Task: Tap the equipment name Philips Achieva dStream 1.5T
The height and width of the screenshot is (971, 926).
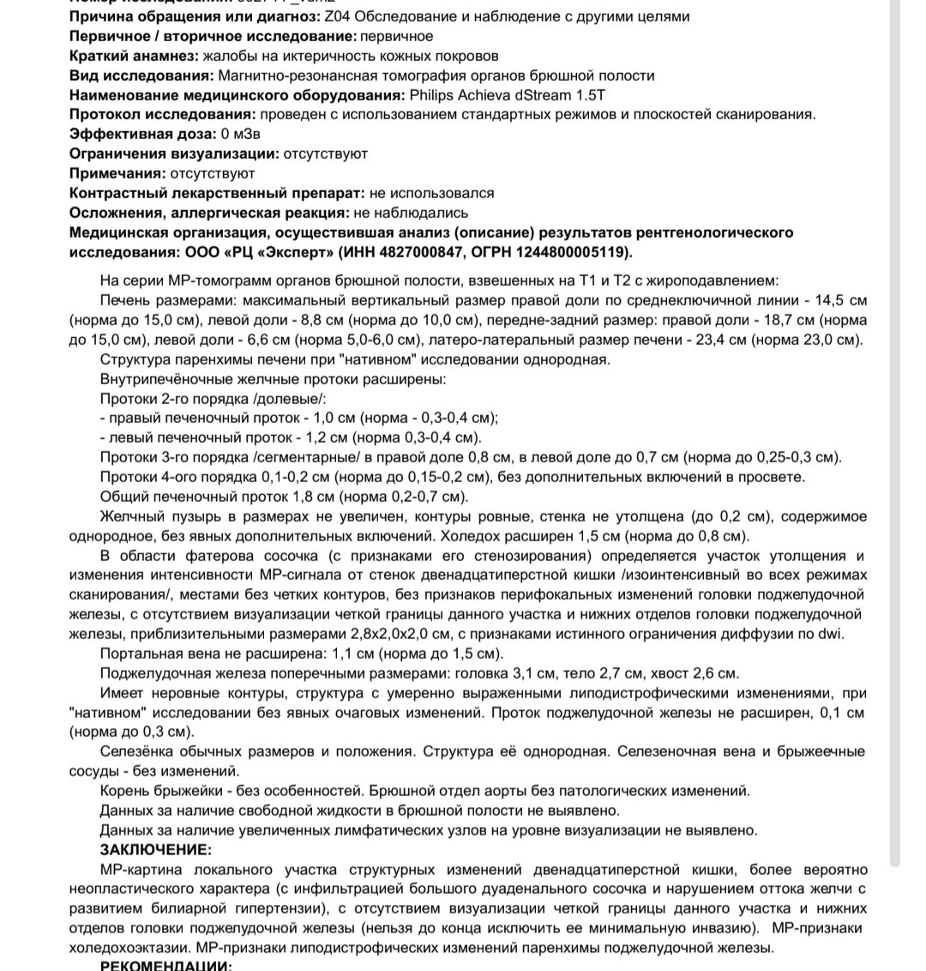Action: point(513,95)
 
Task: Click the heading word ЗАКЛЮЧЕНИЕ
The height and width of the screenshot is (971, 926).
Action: point(155,849)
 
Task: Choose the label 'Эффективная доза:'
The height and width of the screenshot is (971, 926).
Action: point(142,135)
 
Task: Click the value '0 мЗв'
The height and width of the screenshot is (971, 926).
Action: point(241,135)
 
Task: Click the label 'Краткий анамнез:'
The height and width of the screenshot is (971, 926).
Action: point(133,56)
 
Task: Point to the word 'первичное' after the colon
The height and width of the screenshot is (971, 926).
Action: point(397,36)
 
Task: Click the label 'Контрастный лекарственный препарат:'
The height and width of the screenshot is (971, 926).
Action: point(217,194)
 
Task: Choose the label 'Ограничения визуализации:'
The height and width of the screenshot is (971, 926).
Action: point(174,154)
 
